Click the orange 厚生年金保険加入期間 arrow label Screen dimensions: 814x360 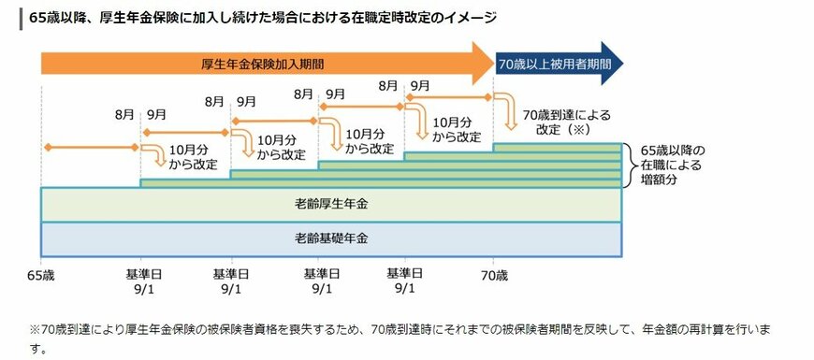(267, 64)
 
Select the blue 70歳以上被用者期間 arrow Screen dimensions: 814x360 (553, 64)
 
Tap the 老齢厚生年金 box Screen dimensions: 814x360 (330, 203)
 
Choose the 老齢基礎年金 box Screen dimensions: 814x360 (330, 238)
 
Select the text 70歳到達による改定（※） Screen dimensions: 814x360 (567, 122)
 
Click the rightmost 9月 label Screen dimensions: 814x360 (420, 86)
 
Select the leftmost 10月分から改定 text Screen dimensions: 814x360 (195, 156)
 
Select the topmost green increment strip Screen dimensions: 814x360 (557, 147)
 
